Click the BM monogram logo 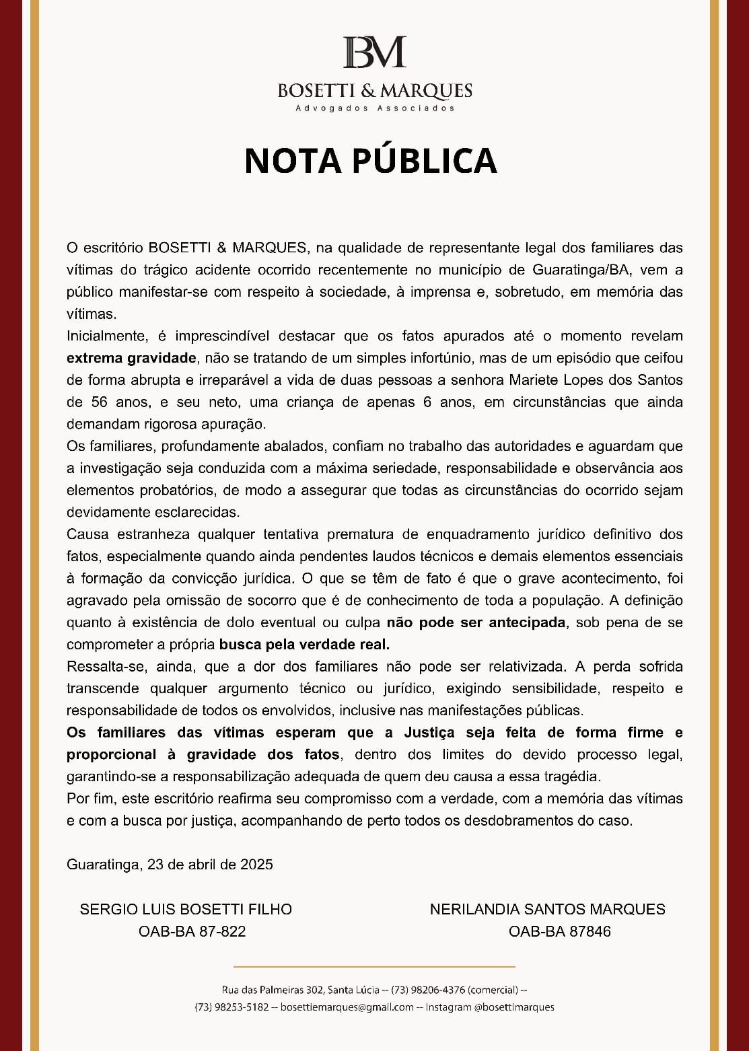point(374,52)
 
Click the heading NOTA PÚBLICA point(371,160)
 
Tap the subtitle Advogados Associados point(375,108)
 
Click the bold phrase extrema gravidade point(131,358)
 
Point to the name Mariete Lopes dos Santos point(596,380)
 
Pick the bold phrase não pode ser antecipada point(476,622)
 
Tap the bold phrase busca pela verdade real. point(305,645)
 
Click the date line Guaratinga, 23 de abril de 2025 point(170,865)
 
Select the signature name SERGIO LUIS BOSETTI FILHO point(186,910)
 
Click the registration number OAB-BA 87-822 point(192,932)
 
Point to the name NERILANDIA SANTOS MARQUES point(547,910)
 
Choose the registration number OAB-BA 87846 point(559,932)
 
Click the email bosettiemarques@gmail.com point(347,1007)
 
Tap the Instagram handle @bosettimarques point(514,1007)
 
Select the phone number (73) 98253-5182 point(231,1007)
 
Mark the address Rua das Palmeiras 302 point(272,990)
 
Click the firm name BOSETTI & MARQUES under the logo point(375,90)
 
